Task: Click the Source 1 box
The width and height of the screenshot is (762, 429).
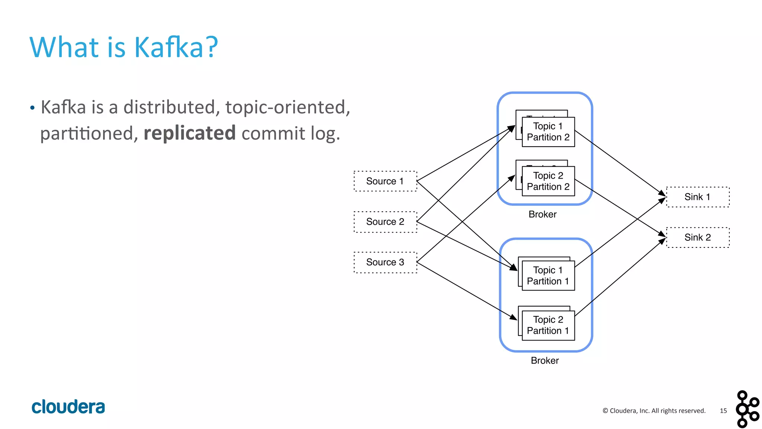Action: click(385, 181)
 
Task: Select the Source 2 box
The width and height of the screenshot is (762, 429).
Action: click(385, 222)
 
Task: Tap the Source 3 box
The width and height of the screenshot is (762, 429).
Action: click(385, 262)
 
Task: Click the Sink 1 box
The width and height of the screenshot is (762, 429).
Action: click(698, 197)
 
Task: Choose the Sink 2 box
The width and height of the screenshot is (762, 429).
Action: click(698, 237)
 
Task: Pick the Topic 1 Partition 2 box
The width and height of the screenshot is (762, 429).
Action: click(548, 132)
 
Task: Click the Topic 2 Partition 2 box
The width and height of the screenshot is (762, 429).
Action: click(548, 181)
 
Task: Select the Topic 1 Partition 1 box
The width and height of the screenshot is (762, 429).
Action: click(548, 276)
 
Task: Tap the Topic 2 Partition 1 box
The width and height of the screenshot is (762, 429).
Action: click(548, 325)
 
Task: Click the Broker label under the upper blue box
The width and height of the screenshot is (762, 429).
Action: click(542, 214)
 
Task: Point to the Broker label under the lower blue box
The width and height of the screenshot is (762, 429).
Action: click(545, 361)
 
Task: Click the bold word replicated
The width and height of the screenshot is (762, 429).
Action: click(190, 133)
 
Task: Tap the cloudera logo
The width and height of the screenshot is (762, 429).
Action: click(68, 407)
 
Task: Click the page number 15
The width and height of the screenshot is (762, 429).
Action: click(723, 411)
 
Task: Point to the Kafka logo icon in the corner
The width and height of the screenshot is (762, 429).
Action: click(747, 409)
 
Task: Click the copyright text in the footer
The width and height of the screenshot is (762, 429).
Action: click(654, 411)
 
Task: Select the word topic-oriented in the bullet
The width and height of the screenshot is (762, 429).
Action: click(288, 107)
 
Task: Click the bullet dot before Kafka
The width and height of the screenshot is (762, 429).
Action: click(32, 108)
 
